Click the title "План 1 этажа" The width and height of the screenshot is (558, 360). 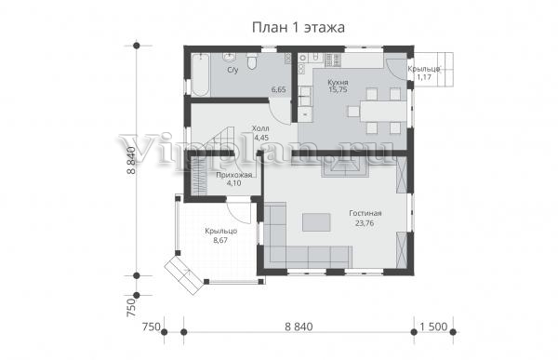pos(299,27)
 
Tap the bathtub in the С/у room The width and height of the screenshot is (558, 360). pos(201,74)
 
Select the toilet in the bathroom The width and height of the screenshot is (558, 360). pos(252,60)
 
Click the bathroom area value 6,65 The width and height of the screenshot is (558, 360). pos(278,89)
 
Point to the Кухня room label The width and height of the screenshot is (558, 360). pos(338,82)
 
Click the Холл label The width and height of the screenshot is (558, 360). pos(260,128)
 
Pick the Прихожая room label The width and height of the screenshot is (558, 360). pos(234,175)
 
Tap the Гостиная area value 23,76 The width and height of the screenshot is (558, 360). pos(365,223)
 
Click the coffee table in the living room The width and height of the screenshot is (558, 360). pos(316,222)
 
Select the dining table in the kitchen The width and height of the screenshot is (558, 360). pos(383,112)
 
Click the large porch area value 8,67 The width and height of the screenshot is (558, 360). pos(220,240)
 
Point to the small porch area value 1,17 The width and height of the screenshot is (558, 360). pos(423,76)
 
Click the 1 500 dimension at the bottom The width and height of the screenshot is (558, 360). pos(433,327)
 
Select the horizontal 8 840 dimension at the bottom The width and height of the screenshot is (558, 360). pos(299,327)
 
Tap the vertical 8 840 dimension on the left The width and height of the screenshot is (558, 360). pos(131,160)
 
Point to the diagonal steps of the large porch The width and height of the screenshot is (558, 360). pos(184,276)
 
